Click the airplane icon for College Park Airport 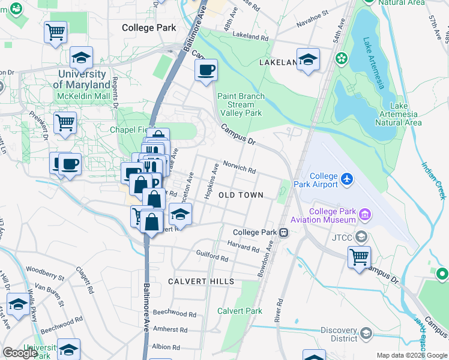[346, 179]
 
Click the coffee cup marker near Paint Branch [206, 70]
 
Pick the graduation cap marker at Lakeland [308, 59]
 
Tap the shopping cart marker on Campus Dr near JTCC [359, 257]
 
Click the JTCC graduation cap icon [361, 236]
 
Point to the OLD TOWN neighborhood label [241, 196]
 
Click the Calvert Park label [240, 311]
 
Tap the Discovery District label [339, 335]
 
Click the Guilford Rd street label [212, 257]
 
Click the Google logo [20, 353]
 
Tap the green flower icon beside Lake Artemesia [342, 58]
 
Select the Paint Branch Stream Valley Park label [241, 104]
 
